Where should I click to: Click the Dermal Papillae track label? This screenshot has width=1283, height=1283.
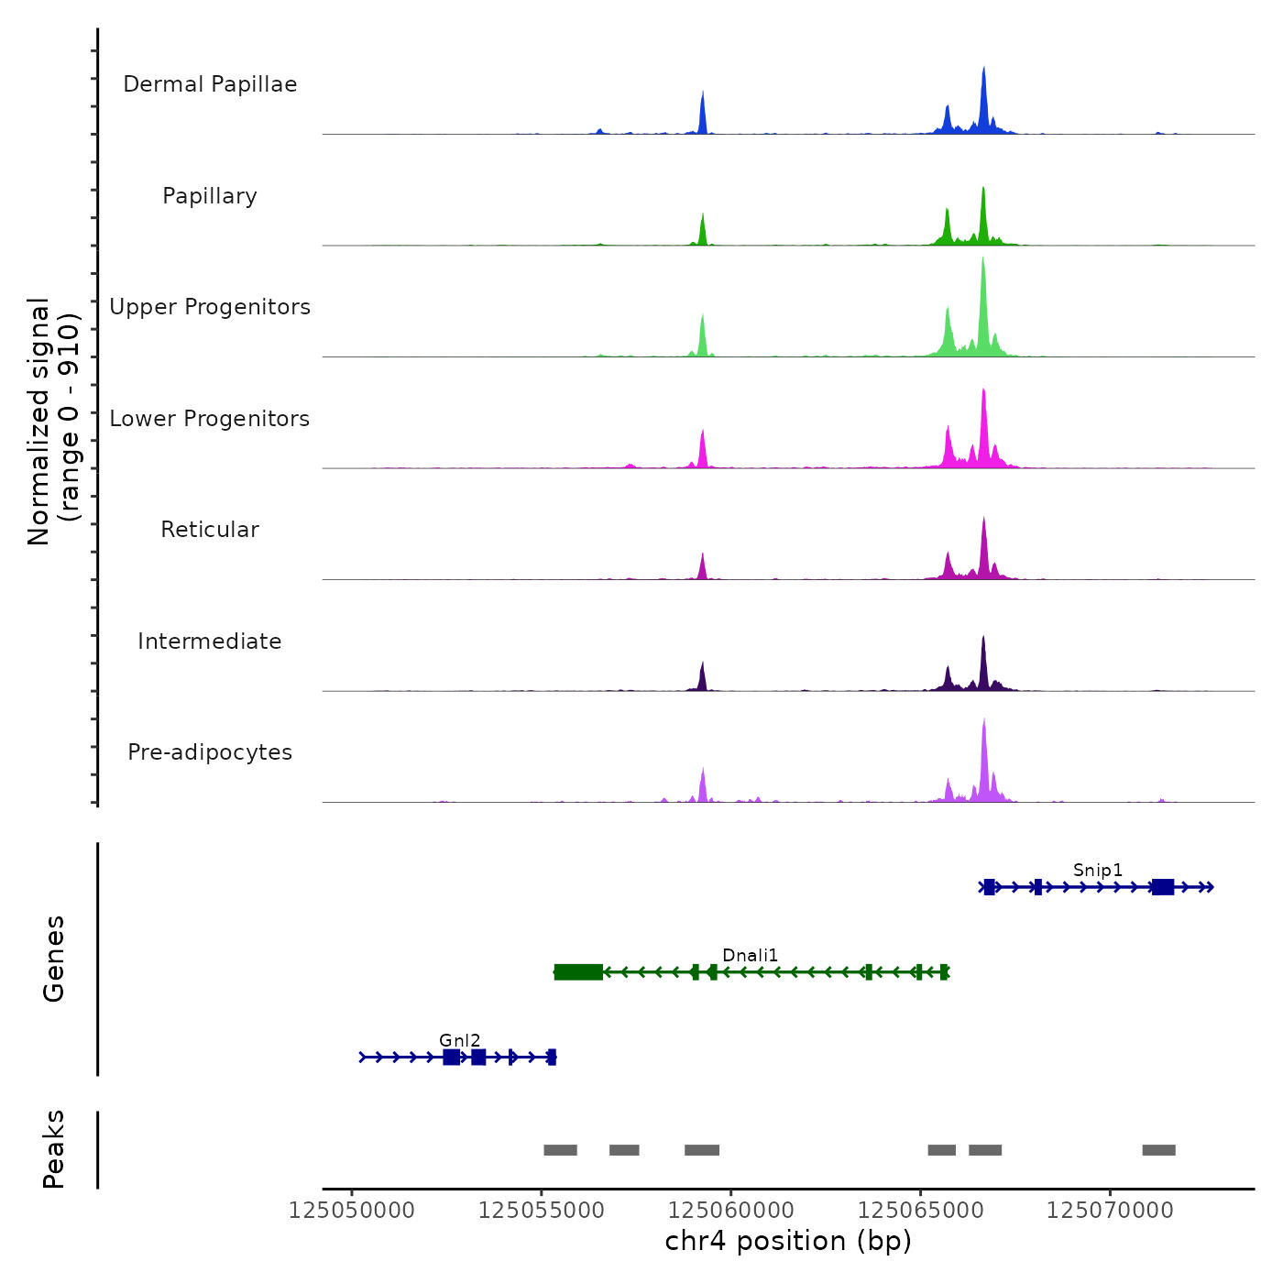tap(210, 84)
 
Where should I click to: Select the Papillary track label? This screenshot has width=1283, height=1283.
tap(210, 196)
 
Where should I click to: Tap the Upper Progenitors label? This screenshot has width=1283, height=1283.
tap(210, 307)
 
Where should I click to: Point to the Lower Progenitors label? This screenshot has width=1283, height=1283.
tap(210, 419)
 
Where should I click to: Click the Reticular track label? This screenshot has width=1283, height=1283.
tap(210, 530)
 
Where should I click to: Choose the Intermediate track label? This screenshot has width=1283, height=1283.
tap(210, 641)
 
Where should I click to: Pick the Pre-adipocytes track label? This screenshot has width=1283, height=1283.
tap(210, 752)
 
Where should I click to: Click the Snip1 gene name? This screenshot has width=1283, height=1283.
tap(1098, 870)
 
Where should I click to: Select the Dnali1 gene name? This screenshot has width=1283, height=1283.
tap(750, 956)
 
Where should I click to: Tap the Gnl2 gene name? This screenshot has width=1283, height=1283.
tap(459, 1040)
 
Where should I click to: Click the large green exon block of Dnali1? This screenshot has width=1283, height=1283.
tap(578, 972)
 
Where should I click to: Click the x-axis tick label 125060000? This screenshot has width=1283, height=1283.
tap(730, 1211)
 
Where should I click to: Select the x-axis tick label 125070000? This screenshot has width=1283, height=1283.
tap(1110, 1211)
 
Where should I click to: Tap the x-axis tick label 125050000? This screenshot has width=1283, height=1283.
tap(351, 1211)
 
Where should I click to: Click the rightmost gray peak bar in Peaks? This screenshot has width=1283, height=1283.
tap(1158, 1150)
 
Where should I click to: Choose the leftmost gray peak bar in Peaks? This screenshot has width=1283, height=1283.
tap(560, 1150)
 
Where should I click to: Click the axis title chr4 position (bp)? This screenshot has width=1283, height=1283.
tap(788, 1241)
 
